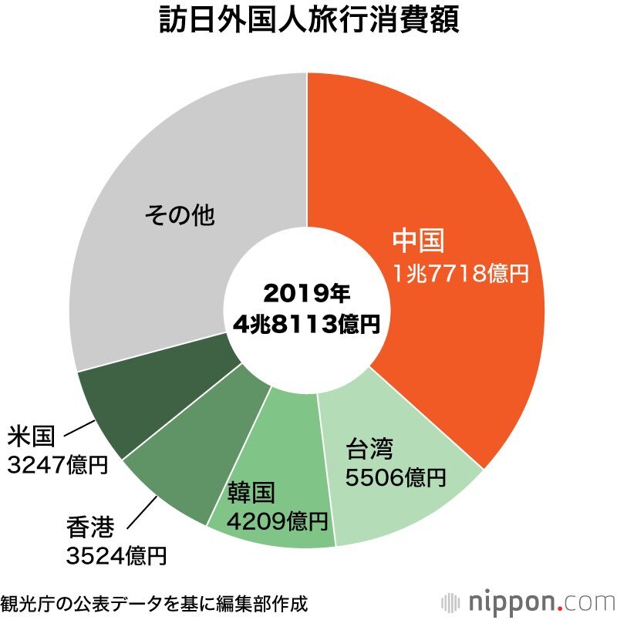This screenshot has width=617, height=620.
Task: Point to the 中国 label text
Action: point(418,241)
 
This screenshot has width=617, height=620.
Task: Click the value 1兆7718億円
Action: point(460,273)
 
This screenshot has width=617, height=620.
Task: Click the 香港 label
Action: point(90,528)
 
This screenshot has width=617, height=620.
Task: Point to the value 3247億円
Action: point(56,465)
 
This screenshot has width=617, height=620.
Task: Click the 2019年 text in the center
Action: point(306,293)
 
